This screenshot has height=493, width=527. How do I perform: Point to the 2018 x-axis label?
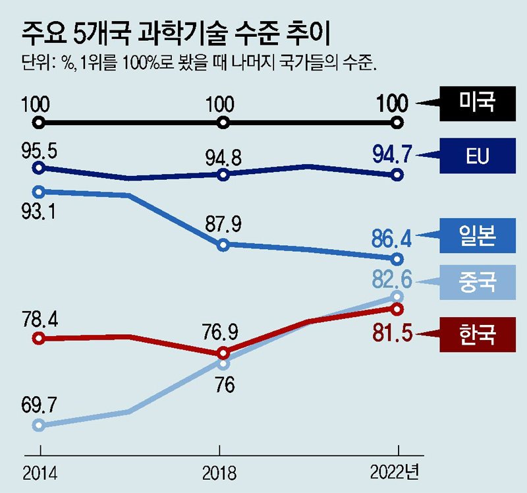point(220,473)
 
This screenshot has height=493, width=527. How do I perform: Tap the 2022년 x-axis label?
point(395,473)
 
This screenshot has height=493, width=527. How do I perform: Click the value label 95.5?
point(39,150)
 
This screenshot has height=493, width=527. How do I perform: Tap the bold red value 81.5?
point(392,333)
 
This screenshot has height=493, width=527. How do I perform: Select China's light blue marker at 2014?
point(39,425)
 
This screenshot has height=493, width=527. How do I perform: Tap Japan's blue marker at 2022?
point(397,258)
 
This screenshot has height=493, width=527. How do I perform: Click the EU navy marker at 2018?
point(223,175)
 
